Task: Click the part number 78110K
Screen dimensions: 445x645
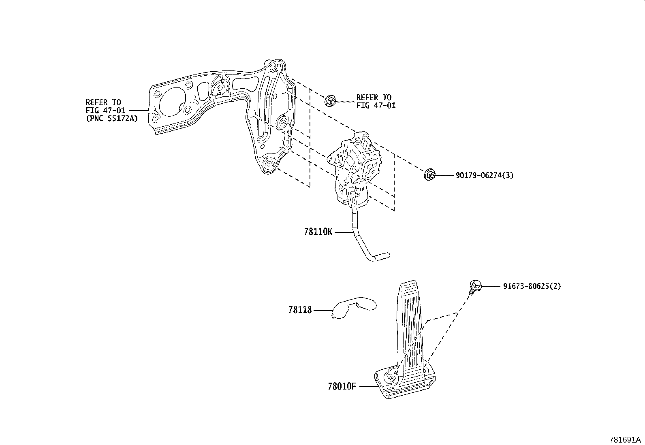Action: [x=318, y=232]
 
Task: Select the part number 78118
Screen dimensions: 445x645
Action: [x=300, y=310]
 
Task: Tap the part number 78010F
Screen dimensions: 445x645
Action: [x=342, y=387]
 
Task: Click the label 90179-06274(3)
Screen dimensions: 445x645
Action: [x=485, y=175]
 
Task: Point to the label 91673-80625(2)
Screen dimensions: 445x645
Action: [x=532, y=286]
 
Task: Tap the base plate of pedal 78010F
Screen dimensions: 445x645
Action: [x=405, y=385]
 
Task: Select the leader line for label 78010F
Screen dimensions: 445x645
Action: [x=368, y=387]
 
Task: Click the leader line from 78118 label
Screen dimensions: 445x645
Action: [x=322, y=311]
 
